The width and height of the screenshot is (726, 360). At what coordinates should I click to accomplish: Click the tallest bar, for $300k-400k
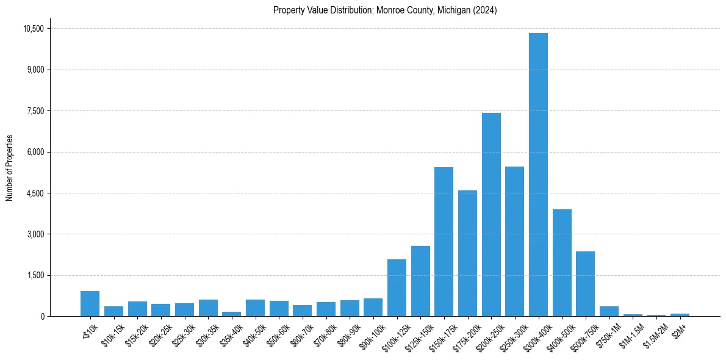click(x=538, y=175)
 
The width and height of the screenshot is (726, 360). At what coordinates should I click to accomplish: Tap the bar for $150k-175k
click(x=444, y=242)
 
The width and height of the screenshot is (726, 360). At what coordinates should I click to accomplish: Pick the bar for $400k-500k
click(x=562, y=263)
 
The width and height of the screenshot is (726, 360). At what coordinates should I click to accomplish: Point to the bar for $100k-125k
click(x=397, y=288)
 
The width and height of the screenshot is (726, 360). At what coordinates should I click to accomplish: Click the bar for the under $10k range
click(x=90, y=304)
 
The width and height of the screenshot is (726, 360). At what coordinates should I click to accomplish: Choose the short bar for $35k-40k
click(x=231, y=314)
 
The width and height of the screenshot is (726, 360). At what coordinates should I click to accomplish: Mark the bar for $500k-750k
click(x=585, y=284)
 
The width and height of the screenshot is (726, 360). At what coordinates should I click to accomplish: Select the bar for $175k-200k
click(x=467, y=253)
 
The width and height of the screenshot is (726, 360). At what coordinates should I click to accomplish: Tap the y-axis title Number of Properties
click(x=9, y=168)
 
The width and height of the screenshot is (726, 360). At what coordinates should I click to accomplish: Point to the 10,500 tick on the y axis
click(x=34, y=29)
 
